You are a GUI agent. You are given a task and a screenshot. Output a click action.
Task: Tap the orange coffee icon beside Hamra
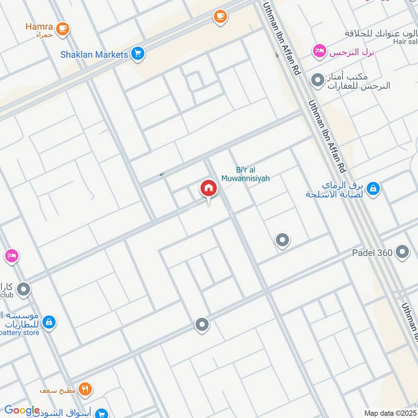pos(63,29)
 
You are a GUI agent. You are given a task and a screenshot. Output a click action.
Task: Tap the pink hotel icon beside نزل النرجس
pos(318,51)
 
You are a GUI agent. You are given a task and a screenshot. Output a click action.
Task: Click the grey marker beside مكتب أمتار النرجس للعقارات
pos(317,80)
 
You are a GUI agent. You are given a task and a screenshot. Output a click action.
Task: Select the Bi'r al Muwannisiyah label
pos(253,174)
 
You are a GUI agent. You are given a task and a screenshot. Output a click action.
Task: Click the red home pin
pos(208,190)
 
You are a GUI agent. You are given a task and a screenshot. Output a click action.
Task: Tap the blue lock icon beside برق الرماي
pos(373,189)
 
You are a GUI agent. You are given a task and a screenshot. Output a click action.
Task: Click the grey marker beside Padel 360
pos(402,252)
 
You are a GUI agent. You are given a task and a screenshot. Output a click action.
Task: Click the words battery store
pos(20,332)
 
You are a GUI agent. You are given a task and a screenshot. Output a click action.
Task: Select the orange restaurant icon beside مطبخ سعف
pos(86,389)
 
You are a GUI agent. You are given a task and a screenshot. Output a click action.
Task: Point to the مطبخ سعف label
pos(58,390)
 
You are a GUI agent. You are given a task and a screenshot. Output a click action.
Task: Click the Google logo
pos(22,411)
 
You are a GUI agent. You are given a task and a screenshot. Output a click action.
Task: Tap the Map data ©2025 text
pos(390,413)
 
